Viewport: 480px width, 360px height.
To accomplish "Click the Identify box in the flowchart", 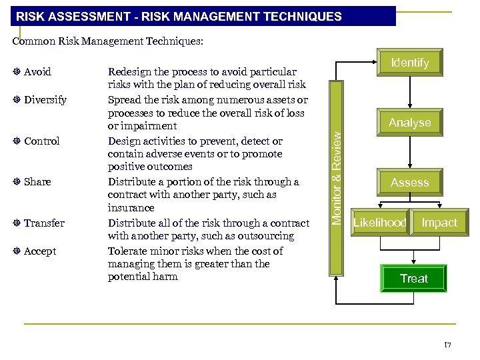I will pos(409,63).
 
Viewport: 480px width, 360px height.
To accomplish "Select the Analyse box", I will pos(409,123).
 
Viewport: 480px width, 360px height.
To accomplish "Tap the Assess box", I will pos(409,182).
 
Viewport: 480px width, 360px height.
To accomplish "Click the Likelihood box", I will pos(379,223).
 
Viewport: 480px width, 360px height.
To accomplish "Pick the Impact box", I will pos(439,223).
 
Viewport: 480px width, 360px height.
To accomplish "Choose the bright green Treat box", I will pos(413,279).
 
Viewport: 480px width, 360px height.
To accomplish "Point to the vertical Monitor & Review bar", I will pos(337,177).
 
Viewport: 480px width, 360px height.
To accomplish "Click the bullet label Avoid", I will pos(37,71).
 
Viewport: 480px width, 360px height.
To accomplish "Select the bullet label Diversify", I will pos(45,100).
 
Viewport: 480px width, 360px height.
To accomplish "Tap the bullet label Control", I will pos(41,141).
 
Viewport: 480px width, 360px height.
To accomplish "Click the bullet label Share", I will pos(37,181).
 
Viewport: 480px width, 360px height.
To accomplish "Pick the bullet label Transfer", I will pos(44,223).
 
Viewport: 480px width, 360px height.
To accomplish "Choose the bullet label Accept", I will pos(40,251).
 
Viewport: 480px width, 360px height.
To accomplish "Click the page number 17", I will pos(448,345).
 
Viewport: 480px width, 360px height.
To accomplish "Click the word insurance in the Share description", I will pos(131,208).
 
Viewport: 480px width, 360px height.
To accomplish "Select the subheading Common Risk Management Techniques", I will pos(108,41).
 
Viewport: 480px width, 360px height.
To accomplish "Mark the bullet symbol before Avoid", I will pos(16,71).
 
